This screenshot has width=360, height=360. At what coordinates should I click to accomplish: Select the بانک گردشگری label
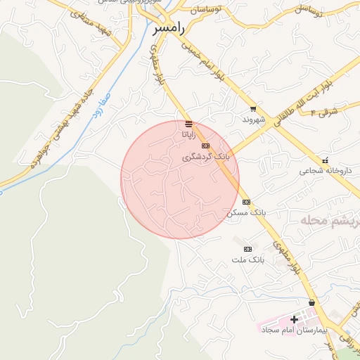click(205, 156)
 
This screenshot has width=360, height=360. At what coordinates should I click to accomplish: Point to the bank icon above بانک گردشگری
click(205, 146)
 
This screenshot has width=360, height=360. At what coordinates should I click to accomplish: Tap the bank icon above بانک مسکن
click(247, 202)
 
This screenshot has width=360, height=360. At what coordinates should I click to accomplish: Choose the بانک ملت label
click(247, 259)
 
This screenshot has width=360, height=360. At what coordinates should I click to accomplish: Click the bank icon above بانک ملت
click(247, 249)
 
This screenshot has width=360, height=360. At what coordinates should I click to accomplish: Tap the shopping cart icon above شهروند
click(253, 109)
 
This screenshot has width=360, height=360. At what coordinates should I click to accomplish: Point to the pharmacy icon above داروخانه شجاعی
click(326, 160)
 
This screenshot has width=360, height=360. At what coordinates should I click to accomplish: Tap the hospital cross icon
click(294, 320)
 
